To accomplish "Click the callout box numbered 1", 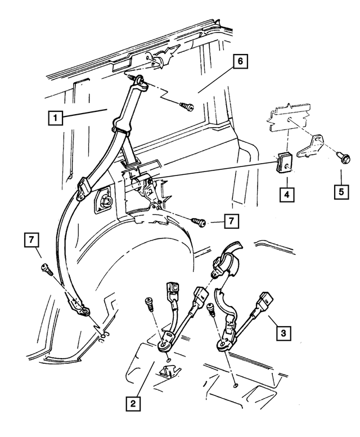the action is click(x=55, y=118).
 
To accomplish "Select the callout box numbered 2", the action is click(x=133, y=403).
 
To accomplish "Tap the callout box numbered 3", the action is click(x=283, y=333).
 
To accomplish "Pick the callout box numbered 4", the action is click(x=287, y=194).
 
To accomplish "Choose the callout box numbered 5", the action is click(x=341, y=192).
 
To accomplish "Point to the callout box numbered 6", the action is click(x=240, y=61).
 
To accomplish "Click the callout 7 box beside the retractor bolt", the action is click(x=232, y=221).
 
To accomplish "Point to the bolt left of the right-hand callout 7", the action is click(x=199, y=222).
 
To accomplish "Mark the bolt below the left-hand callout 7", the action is click(x=47, y=269).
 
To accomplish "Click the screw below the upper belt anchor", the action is click(x=187, y=106).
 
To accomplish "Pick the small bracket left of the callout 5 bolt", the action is click(x=310, y=147).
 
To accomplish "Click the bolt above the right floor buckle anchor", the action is click(x=211, y=310).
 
